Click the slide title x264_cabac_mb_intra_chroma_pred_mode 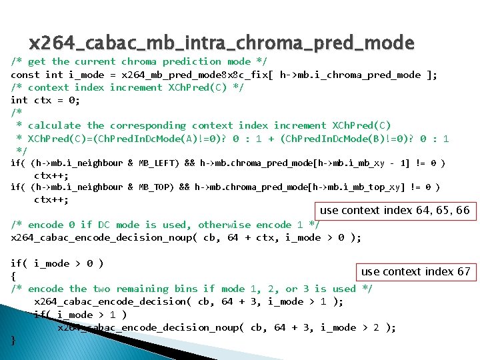point(221,43)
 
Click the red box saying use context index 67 point(415,271)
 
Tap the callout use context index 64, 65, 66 point(395,211)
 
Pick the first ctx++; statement point(51,175)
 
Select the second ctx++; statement point(51,199)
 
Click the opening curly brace point(13,276)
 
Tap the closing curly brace point(13,340)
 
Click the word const point(25,75)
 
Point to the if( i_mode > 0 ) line point(57,263)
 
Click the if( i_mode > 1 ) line point(80,315)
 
